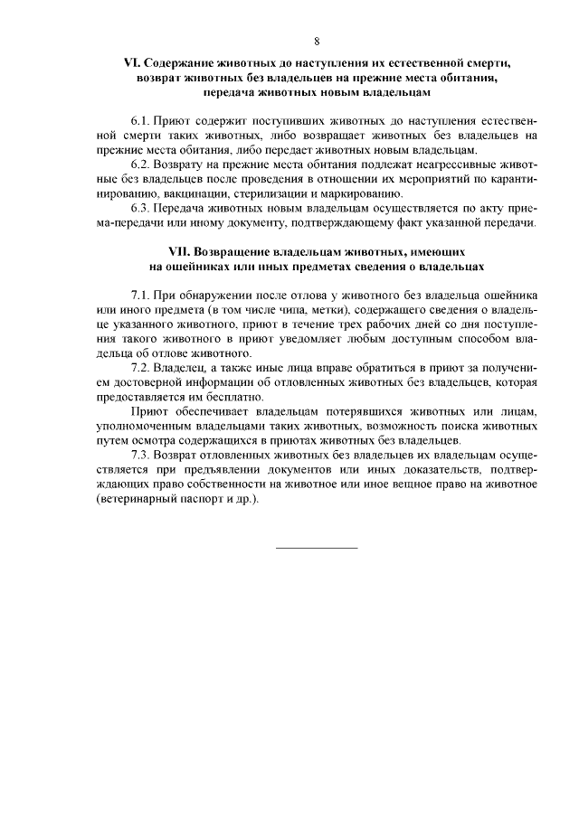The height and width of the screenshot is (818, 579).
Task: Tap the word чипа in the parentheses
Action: (291, 309)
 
